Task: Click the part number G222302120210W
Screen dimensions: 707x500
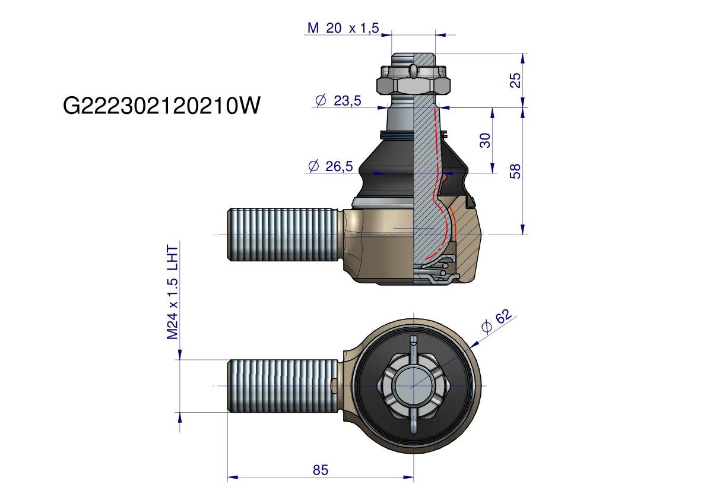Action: click(161, 106)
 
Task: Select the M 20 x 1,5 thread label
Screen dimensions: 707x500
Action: click(343, 28)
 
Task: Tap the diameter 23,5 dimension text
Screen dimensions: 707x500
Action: click(338, 100)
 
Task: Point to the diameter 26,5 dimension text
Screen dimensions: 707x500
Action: click(331, 166)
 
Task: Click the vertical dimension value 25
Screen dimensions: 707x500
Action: click(515, 80)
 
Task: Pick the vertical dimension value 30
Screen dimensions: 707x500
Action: click(485, 140)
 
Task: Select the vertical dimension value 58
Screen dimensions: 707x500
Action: click(515, 172)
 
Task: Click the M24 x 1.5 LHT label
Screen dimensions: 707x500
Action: click(173, 292)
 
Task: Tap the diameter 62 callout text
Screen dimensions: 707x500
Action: click(496, 321)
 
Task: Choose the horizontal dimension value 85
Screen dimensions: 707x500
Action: click(321, 470)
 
